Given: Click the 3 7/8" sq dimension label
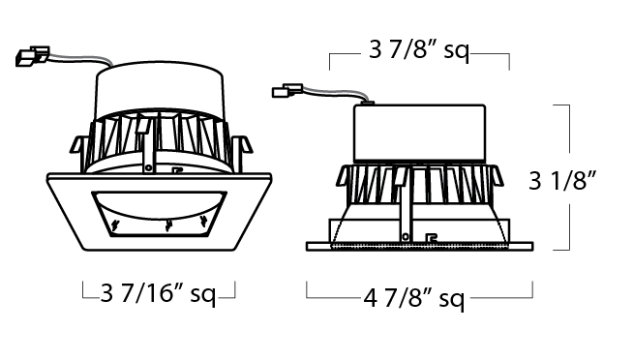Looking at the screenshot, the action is coord(419,51).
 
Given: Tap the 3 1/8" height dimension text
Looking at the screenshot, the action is coord(562,180).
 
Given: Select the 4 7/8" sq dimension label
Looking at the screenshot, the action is coord(414,299).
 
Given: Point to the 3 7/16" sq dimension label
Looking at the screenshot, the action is coord(158,294).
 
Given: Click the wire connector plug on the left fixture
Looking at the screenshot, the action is coord(32,56).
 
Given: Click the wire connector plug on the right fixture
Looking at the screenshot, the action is coord(287,90).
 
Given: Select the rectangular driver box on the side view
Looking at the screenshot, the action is coord(419,134).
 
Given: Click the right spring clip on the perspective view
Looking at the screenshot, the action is coord(242,145).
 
